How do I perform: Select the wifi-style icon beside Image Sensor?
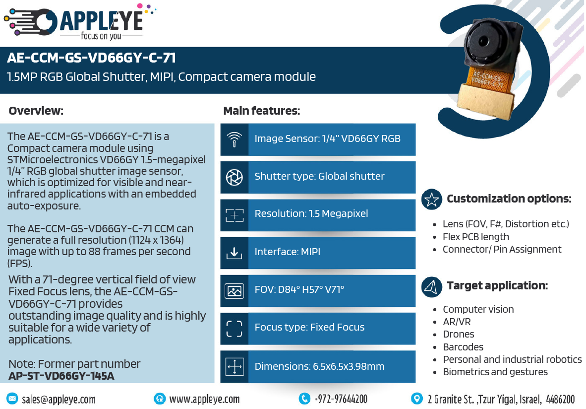234,139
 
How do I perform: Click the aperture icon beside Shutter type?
234,177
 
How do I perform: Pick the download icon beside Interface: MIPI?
234,252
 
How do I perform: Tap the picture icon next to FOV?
234,290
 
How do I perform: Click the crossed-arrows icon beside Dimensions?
234,366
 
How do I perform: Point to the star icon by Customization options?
431,200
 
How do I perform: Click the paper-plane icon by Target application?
431,286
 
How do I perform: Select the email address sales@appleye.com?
59,399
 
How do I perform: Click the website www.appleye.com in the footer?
204,399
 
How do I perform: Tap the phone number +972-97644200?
341,399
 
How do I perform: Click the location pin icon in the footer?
417,399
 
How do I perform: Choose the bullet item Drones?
459,334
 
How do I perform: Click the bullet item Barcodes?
463,347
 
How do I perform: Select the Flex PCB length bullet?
476,237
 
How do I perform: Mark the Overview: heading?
36,111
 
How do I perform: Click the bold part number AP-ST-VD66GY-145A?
61,376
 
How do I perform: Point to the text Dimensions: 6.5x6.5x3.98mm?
319,366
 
